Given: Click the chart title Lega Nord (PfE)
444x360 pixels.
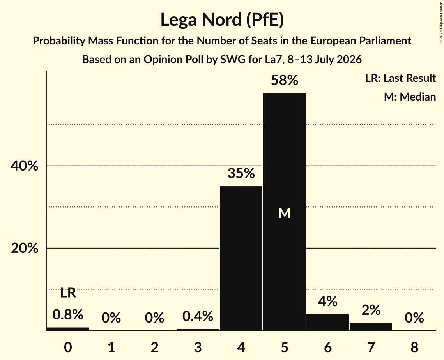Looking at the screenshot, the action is [222, 20].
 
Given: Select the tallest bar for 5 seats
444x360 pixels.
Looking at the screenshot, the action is [284, 212].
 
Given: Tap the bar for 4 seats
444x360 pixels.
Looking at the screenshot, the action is [241, 258].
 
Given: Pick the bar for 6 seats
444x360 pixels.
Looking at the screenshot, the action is [327, 322].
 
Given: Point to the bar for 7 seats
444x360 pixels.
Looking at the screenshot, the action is [371, 326].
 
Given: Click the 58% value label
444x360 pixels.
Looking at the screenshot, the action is [285, 80].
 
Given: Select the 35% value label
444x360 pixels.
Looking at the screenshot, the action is [241, 173].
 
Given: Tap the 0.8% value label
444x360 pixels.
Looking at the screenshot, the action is [68, 314].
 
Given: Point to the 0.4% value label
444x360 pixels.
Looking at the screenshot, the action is [198, 316].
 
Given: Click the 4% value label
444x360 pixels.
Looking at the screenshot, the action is [327, 302].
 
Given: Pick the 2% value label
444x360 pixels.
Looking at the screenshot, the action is [371, 310].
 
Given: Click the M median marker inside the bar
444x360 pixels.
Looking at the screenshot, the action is [285, 213].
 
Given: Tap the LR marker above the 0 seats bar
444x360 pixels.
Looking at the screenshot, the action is [68, 293].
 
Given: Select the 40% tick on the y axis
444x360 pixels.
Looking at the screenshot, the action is [24, 166].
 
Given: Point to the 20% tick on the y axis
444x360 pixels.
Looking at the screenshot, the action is [24, 248].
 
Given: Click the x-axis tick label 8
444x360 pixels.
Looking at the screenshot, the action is [414, 347].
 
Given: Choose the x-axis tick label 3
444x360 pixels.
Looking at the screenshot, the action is [198, 347].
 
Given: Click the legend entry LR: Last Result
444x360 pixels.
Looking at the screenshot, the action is [400, 78].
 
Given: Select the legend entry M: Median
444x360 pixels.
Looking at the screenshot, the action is [410, 97].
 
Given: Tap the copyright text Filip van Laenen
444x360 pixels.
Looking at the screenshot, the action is [441, 22].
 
